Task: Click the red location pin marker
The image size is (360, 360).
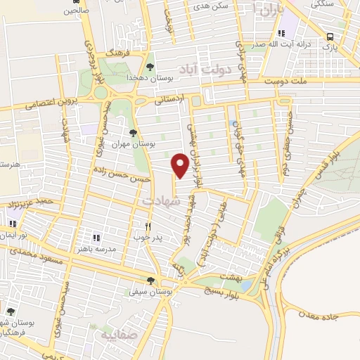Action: point(180,165)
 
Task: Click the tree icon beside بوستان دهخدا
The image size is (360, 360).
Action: point(150,67)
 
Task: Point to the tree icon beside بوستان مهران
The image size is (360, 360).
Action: point(134,132)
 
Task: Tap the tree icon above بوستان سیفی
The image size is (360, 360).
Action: point(150,280)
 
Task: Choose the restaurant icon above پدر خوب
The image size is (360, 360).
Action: point(148,226)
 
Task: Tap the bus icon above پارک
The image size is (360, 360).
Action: point(330,37)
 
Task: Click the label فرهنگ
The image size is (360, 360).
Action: point(115,53)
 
